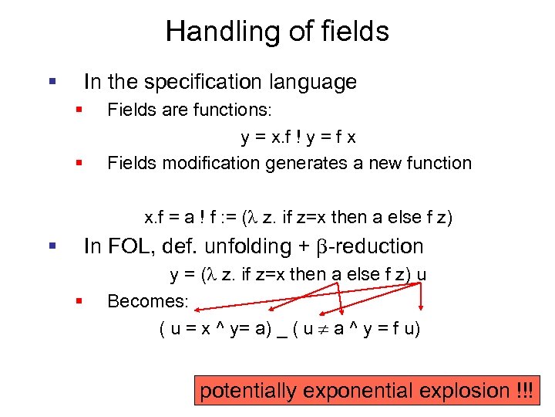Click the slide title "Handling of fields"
pos(277,32)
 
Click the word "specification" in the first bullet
pos(196,82)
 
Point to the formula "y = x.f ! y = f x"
pos(298,137)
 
